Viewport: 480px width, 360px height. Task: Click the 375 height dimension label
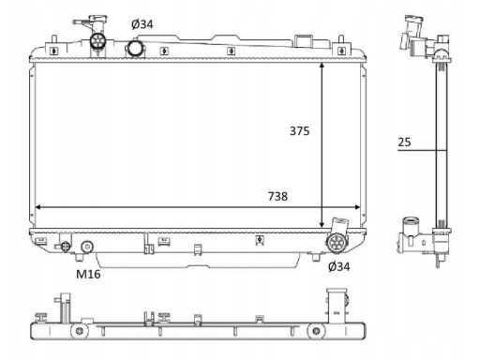click(299, 131)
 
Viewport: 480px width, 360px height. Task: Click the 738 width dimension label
click(277, 196)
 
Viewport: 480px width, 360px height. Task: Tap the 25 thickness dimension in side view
click(404, 142)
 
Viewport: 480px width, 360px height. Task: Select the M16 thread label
click(88, 274)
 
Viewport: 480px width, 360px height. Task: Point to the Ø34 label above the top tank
click(142, 24)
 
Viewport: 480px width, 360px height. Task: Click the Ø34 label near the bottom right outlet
click(338, 266)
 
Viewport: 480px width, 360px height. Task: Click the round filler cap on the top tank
click(98, 41)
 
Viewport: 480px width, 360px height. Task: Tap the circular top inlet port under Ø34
click(136, 48)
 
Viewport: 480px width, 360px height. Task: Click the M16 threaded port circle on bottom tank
click(87, 247)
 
